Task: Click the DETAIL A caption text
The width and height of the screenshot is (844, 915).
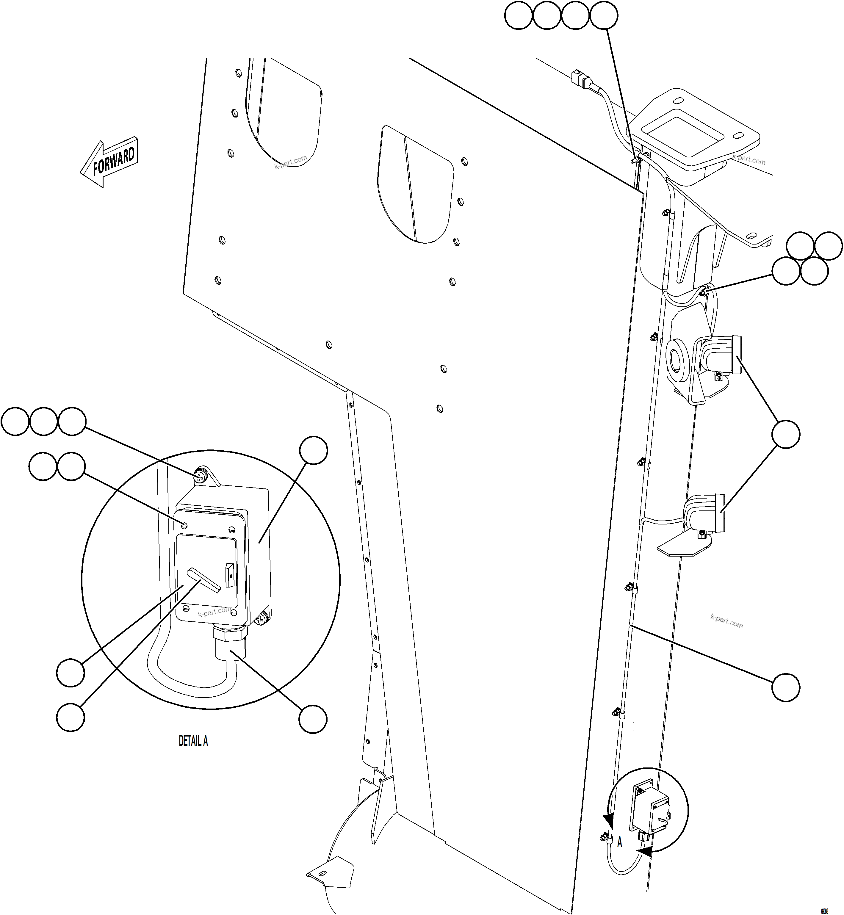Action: point(193,741)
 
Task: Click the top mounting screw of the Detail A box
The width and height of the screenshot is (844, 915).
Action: point(201,477)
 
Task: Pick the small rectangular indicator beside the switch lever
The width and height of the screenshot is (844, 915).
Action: point(230,574)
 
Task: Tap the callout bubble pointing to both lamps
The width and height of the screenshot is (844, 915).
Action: point(785,434)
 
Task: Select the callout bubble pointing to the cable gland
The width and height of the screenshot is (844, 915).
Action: point(313,720)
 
